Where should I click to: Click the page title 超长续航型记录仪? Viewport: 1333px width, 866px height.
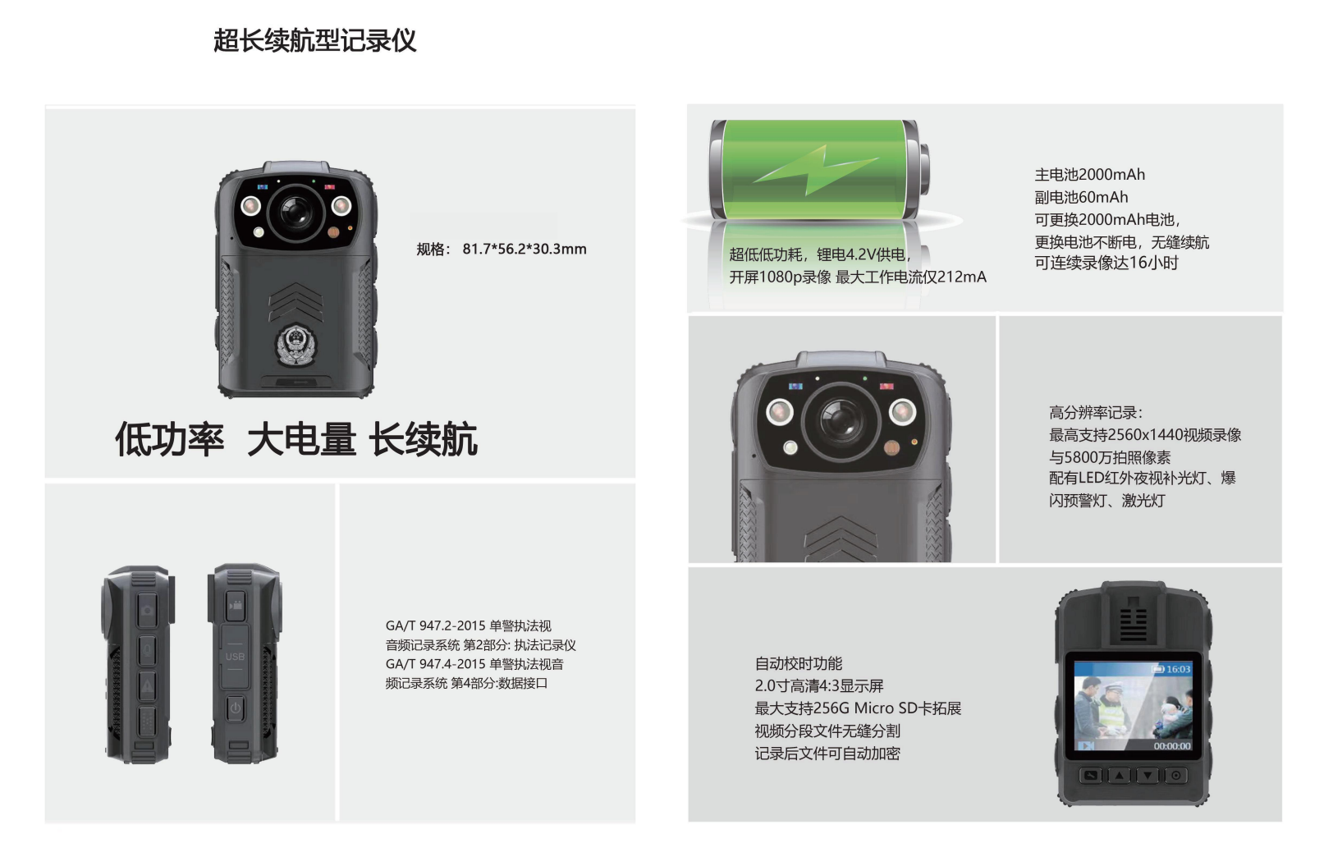point(314,40)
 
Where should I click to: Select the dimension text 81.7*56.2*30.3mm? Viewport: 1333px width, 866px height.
point(524,249)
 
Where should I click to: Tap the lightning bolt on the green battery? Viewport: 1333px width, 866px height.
point(816,169)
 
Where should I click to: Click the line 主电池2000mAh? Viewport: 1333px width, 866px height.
point(1089,174)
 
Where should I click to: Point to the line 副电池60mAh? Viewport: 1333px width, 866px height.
point(1081,197)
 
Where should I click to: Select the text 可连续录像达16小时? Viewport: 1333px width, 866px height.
point(1106,263)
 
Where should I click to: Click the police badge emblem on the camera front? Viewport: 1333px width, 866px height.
point(296,344)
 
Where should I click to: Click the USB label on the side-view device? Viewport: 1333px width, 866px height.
point(235,657)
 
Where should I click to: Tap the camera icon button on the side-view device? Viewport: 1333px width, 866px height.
point(147,609)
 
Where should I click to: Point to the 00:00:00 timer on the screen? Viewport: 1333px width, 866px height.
point(1172,746)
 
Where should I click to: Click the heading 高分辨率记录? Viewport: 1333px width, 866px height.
point(1096,412)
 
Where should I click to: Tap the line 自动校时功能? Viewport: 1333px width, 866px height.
point(799,663)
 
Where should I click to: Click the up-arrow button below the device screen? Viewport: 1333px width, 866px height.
point(1120,776)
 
